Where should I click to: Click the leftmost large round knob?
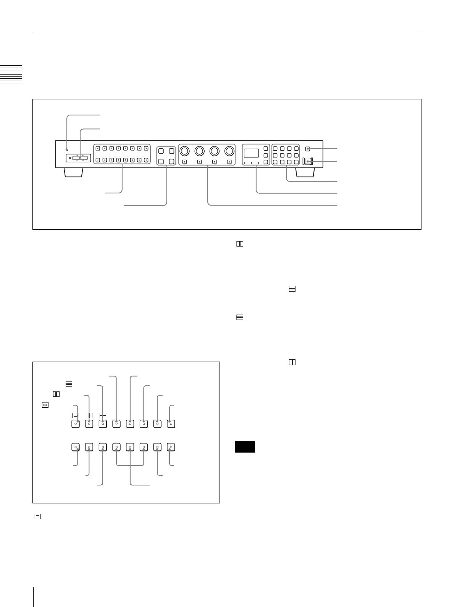184,151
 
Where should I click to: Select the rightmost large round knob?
229,151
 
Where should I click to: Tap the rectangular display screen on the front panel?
251,153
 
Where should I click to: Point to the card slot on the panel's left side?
80,158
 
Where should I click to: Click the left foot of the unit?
73,173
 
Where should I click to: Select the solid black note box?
245,447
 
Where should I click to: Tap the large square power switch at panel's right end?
308,162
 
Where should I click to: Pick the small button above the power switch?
308,149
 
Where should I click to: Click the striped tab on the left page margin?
11,75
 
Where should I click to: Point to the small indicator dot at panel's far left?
67,149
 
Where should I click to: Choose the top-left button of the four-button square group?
161,151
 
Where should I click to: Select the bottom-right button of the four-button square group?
171,162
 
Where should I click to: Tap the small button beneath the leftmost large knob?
184,162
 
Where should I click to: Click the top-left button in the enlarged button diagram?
76,424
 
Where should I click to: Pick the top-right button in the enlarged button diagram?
171,424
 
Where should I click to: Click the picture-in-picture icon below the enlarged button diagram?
37,516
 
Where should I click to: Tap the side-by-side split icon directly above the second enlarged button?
89,415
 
